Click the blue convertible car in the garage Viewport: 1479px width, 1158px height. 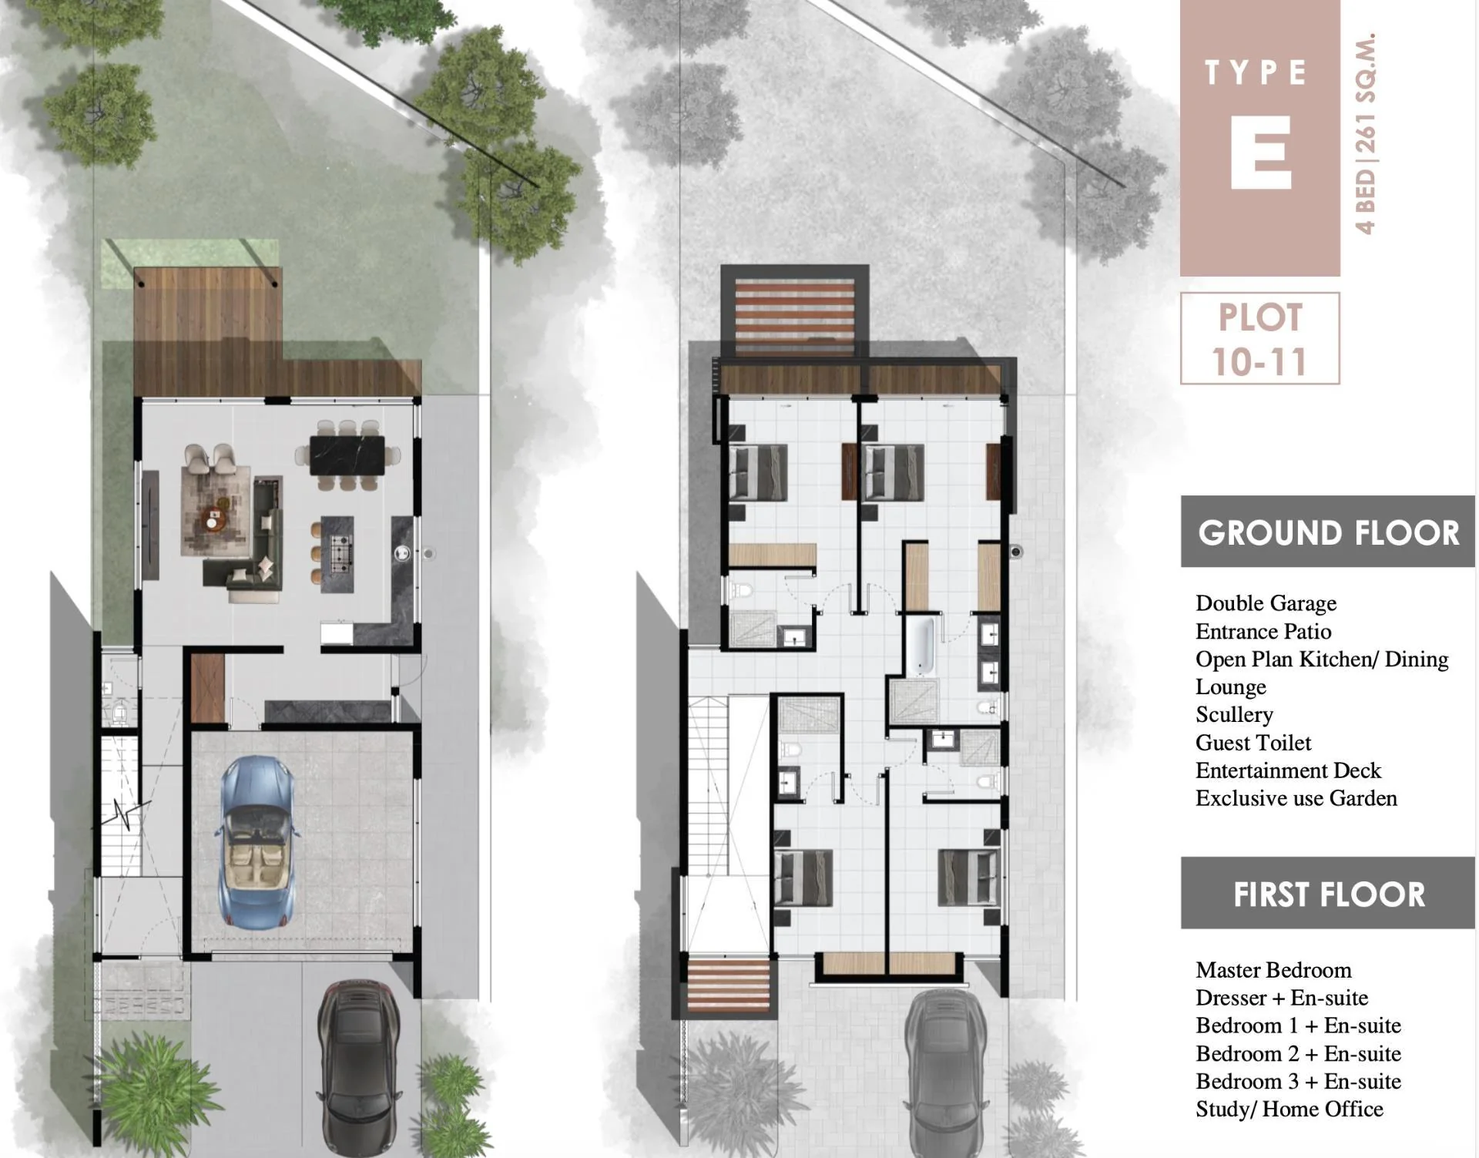pyautogui.click(x=257, y=841)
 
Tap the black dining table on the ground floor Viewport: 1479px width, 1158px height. pyautogui.click(x=347, y=455)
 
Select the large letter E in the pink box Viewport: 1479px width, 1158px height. pyautogui.click(x=1260, y=152)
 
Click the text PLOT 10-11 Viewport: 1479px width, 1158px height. pyautogui.click(x=1259, y=339)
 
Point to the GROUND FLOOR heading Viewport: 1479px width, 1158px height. pyautogui.click(x=1329, y=532)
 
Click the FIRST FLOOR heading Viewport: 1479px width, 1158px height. pyautogui.click(x=1329, y=894)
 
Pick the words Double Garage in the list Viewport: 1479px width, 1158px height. pyautogui.click(x=1266, y=603)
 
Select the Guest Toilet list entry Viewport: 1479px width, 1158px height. pyautogui.click(x=1253, y=743)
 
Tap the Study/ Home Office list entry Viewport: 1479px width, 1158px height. pyautogui.click(x=1290, y=1109)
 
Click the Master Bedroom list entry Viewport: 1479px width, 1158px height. pyautogui.click(x=1273, y=969)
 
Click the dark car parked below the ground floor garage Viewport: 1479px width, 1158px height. pyautogui.click(x=358, y=1067)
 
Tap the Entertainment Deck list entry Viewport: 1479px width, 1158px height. pyautogui.click(x=1288, y=770)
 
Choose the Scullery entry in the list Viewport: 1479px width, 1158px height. pyautogui.click(x=1234, y=715)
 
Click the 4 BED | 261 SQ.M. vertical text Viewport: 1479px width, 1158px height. pyautogui.click(x=1365, y=133)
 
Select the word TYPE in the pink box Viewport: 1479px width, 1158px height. pyautogui.click(x=1256, y=72)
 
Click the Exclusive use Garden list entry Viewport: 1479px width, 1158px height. pyautogui.click(x=1296, y=798)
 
